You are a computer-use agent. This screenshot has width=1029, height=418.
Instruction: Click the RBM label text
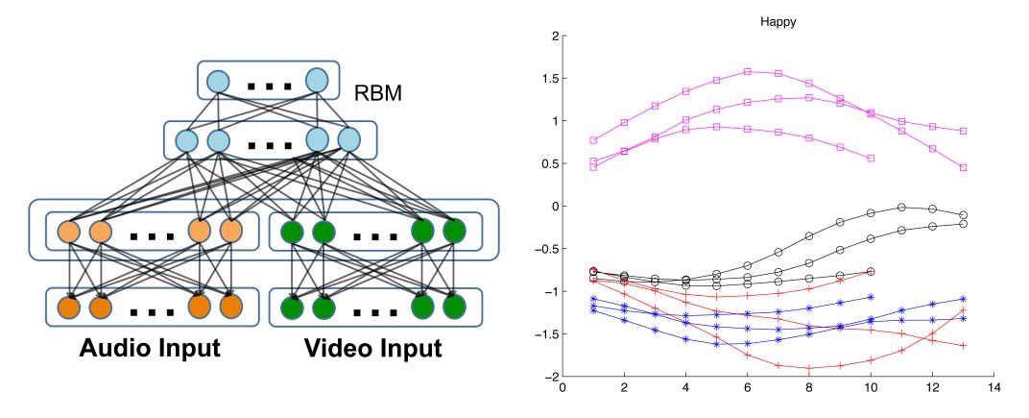[x=376, y=94]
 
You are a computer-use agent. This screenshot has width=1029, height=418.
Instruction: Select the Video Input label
[x=373, y=348]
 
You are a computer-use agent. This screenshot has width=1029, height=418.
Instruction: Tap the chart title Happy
[x=779, y=19]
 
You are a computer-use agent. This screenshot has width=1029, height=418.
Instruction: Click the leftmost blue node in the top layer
[x=219, y=81]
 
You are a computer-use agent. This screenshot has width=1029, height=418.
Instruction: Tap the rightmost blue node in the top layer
[x=318, y=81]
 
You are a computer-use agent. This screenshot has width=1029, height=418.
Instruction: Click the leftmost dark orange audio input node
[x=68, y=307]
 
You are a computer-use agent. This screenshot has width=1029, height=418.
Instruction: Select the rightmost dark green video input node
[x=453, y=307]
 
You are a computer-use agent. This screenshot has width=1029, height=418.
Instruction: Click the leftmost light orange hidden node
[x=68, y=233]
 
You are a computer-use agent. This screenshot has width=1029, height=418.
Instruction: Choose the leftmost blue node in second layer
[x=186, y=141]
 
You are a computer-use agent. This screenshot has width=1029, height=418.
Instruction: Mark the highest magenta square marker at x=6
[x=748, y=71]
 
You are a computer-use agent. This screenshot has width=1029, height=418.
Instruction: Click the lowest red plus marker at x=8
[x=809, y=368]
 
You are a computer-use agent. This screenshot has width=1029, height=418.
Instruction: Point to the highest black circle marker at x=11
[x=901, y=207]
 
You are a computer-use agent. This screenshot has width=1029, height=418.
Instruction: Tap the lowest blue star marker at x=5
[x=716, y=344]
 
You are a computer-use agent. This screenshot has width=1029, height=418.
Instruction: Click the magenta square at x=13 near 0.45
[x=963, y=167]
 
